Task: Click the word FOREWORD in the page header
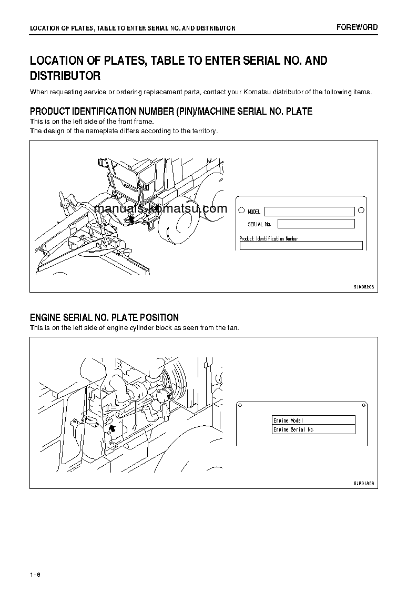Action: (x=357, y=27)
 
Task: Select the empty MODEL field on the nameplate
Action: (x=309, y=212)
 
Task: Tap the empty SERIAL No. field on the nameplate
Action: (x=316, y=224)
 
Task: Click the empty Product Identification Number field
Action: (x=301, y=245)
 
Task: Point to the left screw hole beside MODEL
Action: (x=241, y=211)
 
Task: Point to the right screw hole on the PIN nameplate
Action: (x=361, y=211)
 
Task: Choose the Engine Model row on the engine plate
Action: (x=313, y=420)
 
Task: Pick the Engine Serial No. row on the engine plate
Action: (x=313, y=429)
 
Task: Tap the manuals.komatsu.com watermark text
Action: (x=160, y=208)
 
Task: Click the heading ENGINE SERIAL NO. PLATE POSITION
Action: (x=104, y=318)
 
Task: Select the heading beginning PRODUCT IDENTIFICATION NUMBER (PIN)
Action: (x=171, y=111)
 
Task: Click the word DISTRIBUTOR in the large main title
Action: (x=65, y=76)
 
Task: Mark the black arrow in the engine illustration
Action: (x=111, y=429)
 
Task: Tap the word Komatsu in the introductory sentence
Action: (x=257, y=92)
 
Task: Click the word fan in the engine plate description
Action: (x=232, y=328)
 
